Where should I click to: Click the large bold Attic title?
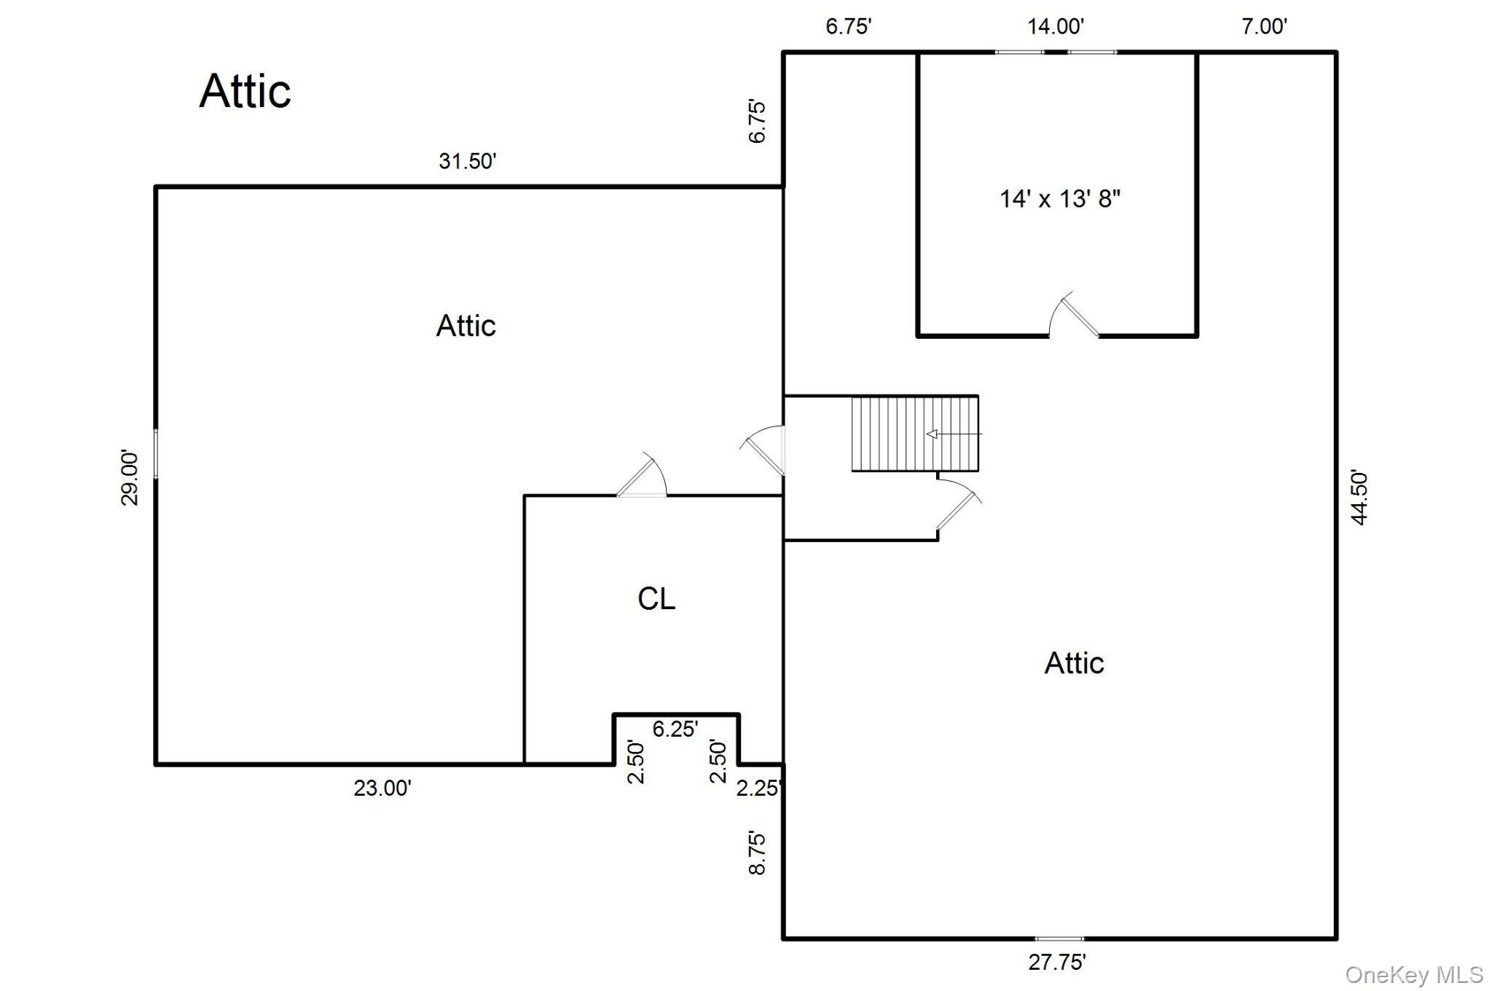(x=245, y=91)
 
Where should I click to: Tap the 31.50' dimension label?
(x=467, y=161)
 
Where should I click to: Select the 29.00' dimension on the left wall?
(x=130, y=478)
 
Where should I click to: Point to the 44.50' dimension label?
(x=1359, y=497)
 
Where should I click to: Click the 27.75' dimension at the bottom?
(x=1057, y=963)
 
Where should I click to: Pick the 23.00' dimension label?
(x=382, y=788)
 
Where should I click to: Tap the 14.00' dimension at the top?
(x=1056, y=26)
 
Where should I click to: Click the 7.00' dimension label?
(x=1265, y=26)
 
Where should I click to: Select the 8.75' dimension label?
(x=758, y=853)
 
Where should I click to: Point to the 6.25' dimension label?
(x=675, y=729)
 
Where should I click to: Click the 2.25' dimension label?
(x=760, y=788)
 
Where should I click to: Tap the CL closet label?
(x=656, y=599)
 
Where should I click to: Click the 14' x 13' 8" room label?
(x=1060, y=198)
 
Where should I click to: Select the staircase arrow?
(x=954, y=434)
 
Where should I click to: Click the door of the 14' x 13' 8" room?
(x=1074, y=315)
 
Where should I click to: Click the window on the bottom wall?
(x=1060, y=939)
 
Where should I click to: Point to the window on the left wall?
(x=156, y=454)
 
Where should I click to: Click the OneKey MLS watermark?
(x=1414, y=975)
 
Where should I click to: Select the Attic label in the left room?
(x=466, y=326)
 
